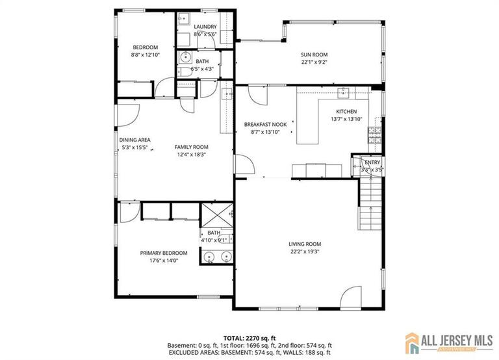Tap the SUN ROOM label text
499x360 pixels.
tap(314, 55)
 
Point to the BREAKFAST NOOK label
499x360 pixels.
tap(265, 124)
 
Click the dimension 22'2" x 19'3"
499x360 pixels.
tap(305, 252)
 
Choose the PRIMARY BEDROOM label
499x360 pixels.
tap(164, 253)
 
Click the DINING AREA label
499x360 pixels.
tap(134, 140)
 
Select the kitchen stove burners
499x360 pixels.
tap(374, 135)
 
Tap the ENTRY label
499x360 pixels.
tap(372, 162)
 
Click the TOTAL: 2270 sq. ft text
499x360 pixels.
tap(249, 338)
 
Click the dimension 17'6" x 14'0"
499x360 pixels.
tap(164, 261)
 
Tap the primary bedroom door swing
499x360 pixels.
tap(127, 211)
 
